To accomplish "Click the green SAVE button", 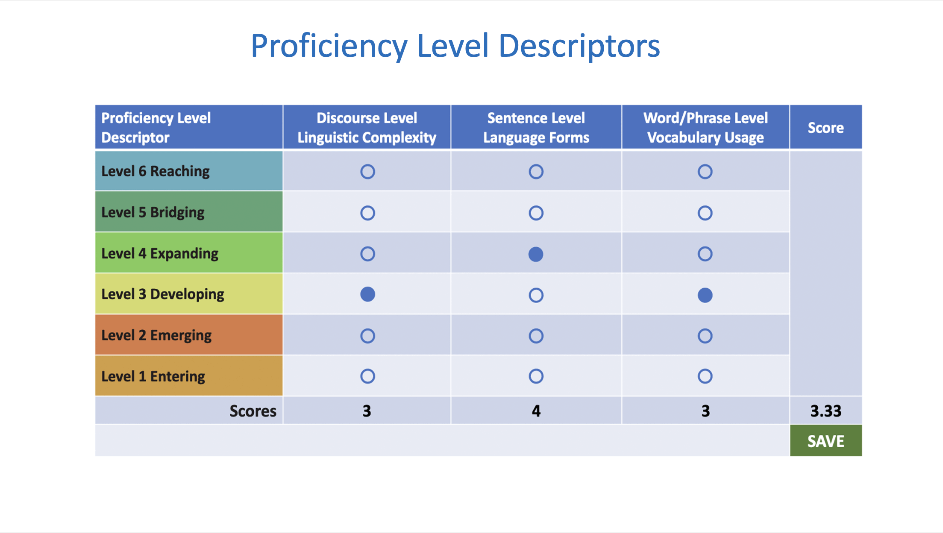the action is (x=825, y=440).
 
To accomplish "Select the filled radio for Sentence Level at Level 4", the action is (x=536, y=254).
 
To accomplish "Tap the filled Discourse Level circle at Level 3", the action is (x=367, y=294).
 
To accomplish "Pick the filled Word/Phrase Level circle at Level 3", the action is (x=705, y=295).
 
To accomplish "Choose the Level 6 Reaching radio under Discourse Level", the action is (x=367, y=172).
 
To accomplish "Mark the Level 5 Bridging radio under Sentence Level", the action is (x=536, y=213).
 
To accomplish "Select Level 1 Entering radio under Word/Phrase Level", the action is (x=705, y=376).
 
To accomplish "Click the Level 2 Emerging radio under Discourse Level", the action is (x=367, y=336).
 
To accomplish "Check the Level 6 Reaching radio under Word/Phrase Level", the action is (x=705, y=172).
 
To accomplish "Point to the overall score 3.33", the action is (x=825, y=411).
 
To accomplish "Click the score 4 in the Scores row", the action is (x=536, y=411).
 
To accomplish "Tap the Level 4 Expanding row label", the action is (x=160, y=254).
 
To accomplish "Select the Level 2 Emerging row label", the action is (x=156, y=336).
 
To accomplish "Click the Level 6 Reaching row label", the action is (x=156, y=171).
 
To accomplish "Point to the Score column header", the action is (x=825, y=128).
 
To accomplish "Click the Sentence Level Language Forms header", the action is (x=536, y=128).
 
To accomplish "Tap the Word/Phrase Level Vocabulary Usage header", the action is (x=705, y=128).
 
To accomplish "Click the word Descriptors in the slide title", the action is (x=579, y=46).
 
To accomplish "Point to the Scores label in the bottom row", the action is (x=253, y=411).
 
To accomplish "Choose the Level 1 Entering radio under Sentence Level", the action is (x=536, y=376).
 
